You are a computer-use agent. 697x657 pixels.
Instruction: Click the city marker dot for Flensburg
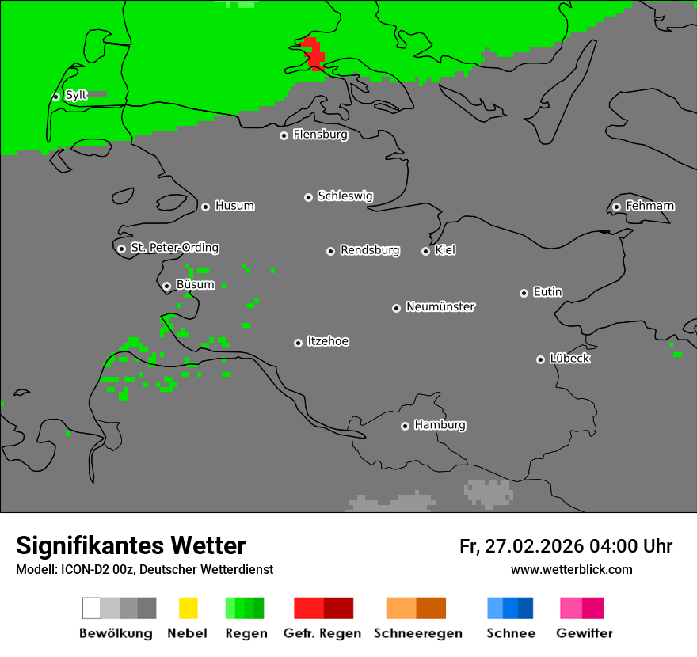(x=284, y=135)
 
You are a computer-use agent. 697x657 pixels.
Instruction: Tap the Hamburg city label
(x=440, y=425)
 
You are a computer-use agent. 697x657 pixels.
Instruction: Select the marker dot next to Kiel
(x=425, y=251)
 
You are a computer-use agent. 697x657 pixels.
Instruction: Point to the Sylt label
(x=76, y=96)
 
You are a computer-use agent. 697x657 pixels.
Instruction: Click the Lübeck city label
(x=569, y=359)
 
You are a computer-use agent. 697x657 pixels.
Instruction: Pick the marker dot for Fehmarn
(x=616, y=207)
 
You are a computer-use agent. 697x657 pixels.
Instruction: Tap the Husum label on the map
(x=234, y=206)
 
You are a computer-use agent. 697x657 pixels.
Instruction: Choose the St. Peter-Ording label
(x=174, y=248)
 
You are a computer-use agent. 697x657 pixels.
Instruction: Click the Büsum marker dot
(x=166, y=286)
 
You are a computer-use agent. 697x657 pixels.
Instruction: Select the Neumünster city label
(x=440, y=306)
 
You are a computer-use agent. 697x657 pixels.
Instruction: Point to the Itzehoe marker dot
(x=298, y=343)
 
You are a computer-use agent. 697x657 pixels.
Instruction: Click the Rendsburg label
(x=370, y=250)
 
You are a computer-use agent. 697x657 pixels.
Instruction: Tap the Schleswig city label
(x=345, y=196)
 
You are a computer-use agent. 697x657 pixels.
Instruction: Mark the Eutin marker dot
(x=524, y=293)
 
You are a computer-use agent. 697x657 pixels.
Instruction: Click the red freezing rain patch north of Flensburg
(x=313, y=53)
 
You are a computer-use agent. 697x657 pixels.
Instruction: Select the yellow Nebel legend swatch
(x=188, y=608)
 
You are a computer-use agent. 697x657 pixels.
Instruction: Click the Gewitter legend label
(x=585, y=633)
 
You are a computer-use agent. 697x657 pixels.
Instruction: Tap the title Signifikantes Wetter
(x=131, y=545)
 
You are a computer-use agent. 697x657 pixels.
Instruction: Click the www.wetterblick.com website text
(x=571, y=569)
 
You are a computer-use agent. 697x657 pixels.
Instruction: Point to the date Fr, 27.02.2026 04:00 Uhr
(x=566, y=546)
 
